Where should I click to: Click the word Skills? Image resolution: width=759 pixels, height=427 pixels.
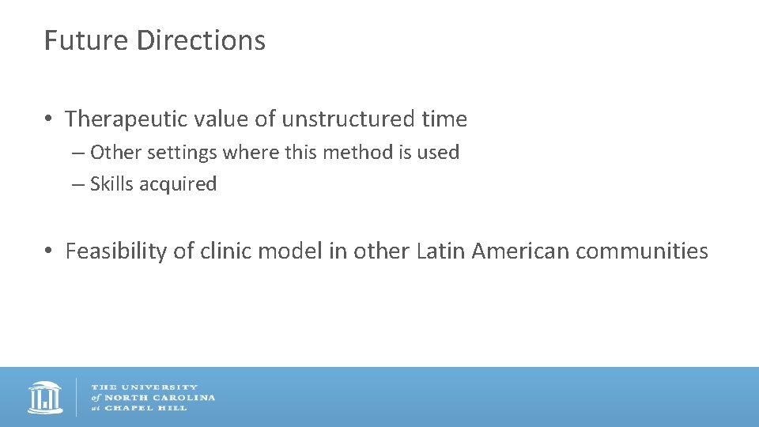click(x=110, y=184)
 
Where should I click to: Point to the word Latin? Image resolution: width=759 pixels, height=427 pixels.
click(x=440, y=251)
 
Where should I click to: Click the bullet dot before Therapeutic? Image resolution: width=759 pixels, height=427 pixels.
click(x=49, y=119)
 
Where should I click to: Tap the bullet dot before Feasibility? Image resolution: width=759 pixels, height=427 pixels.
click(x=49, y=251)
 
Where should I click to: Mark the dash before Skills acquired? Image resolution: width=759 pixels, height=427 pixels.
click(x=77, y=184)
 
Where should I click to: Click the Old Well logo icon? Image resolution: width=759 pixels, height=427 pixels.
click(x=45, y=397)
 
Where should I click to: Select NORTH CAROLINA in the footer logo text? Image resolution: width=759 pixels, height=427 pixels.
click(x=158, y=397)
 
